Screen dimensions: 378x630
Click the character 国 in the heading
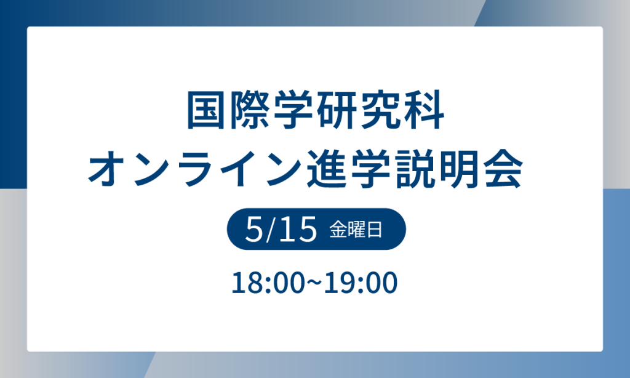click(207, 111)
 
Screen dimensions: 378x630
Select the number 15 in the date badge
click(297, 230)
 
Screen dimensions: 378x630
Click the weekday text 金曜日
click(356, 230)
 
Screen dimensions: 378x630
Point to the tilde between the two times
click(314, 283)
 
